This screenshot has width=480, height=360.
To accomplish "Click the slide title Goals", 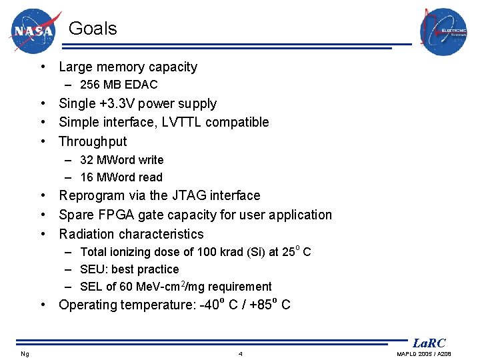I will click(x=93, y=29).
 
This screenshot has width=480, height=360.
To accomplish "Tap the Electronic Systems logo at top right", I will click(x=443, y=31).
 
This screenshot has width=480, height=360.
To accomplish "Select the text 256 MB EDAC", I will click(x=119, y=85).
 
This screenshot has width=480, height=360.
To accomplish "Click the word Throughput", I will click(x=93, y=141).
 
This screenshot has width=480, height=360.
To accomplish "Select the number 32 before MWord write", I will click(x=87, y=160).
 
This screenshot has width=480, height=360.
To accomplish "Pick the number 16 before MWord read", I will click(x=87, y=177).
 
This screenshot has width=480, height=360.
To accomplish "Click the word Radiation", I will click(x=87, y=234).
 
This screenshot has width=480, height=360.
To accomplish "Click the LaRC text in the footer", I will click(x=429, y=343).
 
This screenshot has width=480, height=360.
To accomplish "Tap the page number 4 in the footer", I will click(x=240, y=353).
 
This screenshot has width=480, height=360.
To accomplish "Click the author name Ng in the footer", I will click(x=25, y=353).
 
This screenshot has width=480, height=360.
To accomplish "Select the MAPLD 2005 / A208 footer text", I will click(x=424, y=353).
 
